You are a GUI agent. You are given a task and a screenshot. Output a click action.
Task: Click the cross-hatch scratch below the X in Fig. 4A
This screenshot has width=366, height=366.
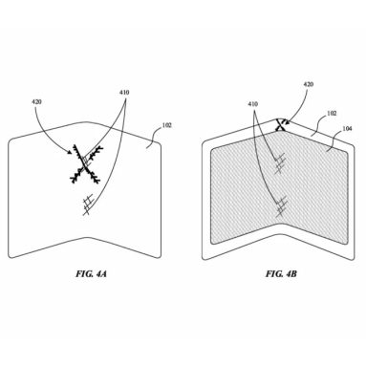pyautogui.click(x=89, y=204)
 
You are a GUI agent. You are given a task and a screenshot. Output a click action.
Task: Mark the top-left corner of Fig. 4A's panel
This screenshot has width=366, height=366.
pyautogui.click(x=11, y=138)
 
